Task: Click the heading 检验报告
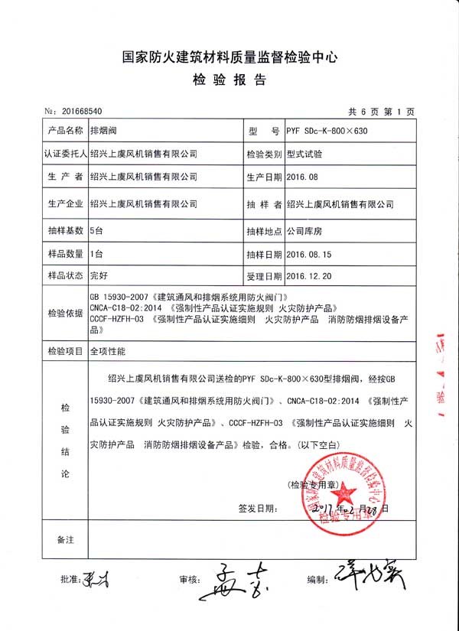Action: click(229, 80)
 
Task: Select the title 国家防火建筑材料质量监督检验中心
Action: click(229, 57)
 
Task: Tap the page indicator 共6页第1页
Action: click(382, 112)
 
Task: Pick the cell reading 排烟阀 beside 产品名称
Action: click(103, 131)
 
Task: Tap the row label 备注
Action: click(66, 540)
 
